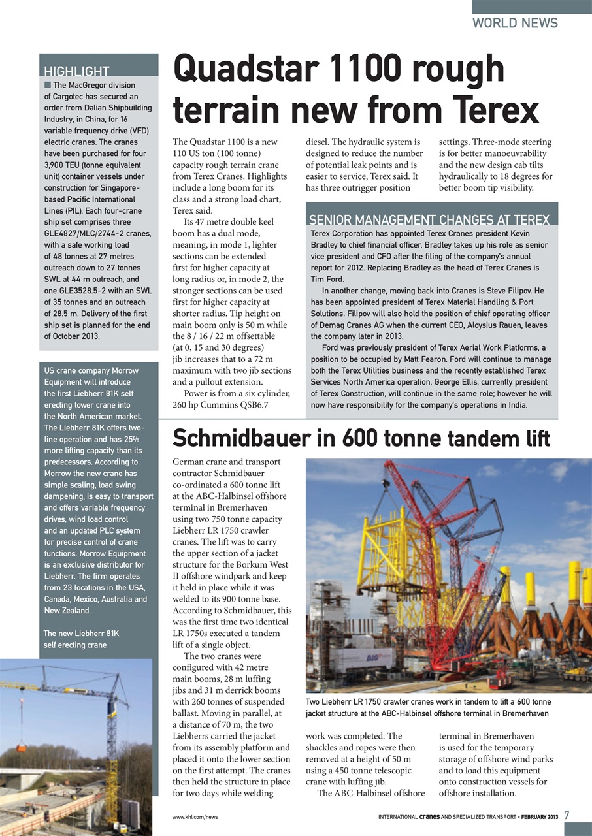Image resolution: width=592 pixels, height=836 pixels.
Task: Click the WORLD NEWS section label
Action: (515, 23)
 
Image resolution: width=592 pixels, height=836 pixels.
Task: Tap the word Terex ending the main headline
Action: (496, 109)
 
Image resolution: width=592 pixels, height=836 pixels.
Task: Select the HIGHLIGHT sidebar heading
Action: (76, 72)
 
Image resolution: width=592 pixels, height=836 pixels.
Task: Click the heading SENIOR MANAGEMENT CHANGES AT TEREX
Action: (429, 219)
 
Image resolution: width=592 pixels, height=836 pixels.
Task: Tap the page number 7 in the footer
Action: (567, 816)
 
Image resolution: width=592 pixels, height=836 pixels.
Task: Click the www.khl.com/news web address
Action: (195, 817)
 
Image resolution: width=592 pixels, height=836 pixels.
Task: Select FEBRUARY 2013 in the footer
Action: (538, 817)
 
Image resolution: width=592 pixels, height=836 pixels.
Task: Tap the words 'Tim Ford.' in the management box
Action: (327, 279)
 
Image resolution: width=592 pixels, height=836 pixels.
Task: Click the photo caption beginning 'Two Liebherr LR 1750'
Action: (428, 707)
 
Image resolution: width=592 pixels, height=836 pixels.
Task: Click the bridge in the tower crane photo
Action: (39, 777)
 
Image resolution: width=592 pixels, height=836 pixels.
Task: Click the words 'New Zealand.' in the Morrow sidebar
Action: (67, 611)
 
